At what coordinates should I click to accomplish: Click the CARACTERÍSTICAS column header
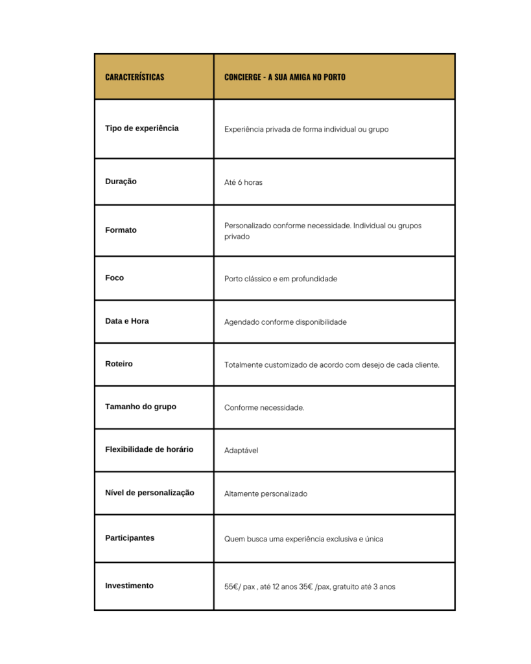134,77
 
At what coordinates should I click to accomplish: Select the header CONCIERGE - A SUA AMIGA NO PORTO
285,77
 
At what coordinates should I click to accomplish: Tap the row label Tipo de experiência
141,128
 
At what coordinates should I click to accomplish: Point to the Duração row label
121,182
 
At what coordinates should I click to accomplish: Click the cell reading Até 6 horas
243,183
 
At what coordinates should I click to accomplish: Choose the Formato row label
121,230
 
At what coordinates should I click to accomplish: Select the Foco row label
114,278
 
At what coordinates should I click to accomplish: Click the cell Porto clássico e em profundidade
281,279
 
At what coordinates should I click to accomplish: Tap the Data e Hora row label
126,321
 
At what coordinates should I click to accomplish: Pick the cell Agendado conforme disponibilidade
285,322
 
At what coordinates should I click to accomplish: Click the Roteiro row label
119,364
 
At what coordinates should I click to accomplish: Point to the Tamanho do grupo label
140,407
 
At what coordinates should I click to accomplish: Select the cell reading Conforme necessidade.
264,408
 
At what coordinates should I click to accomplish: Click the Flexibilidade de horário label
148,449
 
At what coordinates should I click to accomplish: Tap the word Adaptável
241,451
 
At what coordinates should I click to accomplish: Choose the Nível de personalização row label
149,493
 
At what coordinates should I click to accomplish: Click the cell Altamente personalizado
266,494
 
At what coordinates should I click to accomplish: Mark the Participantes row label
130,538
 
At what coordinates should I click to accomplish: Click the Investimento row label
129,586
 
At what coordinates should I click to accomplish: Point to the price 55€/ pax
240,587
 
